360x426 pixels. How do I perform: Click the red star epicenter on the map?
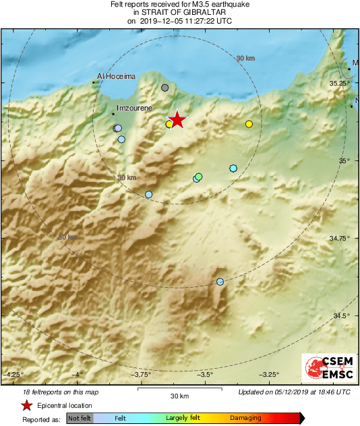[177, 120]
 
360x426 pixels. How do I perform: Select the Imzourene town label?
[135, 107]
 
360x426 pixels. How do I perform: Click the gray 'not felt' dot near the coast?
[165, 88]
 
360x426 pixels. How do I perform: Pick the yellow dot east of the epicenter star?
[249, 124]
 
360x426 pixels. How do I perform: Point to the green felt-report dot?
[199, 177]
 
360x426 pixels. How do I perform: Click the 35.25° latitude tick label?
[338, 83]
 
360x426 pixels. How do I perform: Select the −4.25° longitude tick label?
[14, 374]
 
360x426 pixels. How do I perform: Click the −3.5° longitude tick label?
[206, 374]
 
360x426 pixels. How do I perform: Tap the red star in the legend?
[26, 405]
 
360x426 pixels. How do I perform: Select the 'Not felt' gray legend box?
[80, 418]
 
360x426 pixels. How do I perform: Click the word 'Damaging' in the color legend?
[245, 418]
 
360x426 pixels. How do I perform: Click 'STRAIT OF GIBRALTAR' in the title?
[179, 12]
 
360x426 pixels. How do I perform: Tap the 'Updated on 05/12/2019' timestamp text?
[294, 392]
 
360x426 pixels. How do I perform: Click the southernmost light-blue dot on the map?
[220, 282]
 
